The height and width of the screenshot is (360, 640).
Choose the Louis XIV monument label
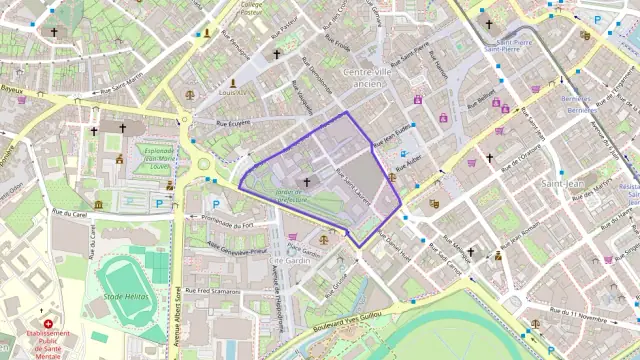(232, 91)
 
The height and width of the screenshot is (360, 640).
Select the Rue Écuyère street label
(233, 122)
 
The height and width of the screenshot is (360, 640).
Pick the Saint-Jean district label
(563, 184)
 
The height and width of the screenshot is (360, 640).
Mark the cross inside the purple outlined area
(306, 182)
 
